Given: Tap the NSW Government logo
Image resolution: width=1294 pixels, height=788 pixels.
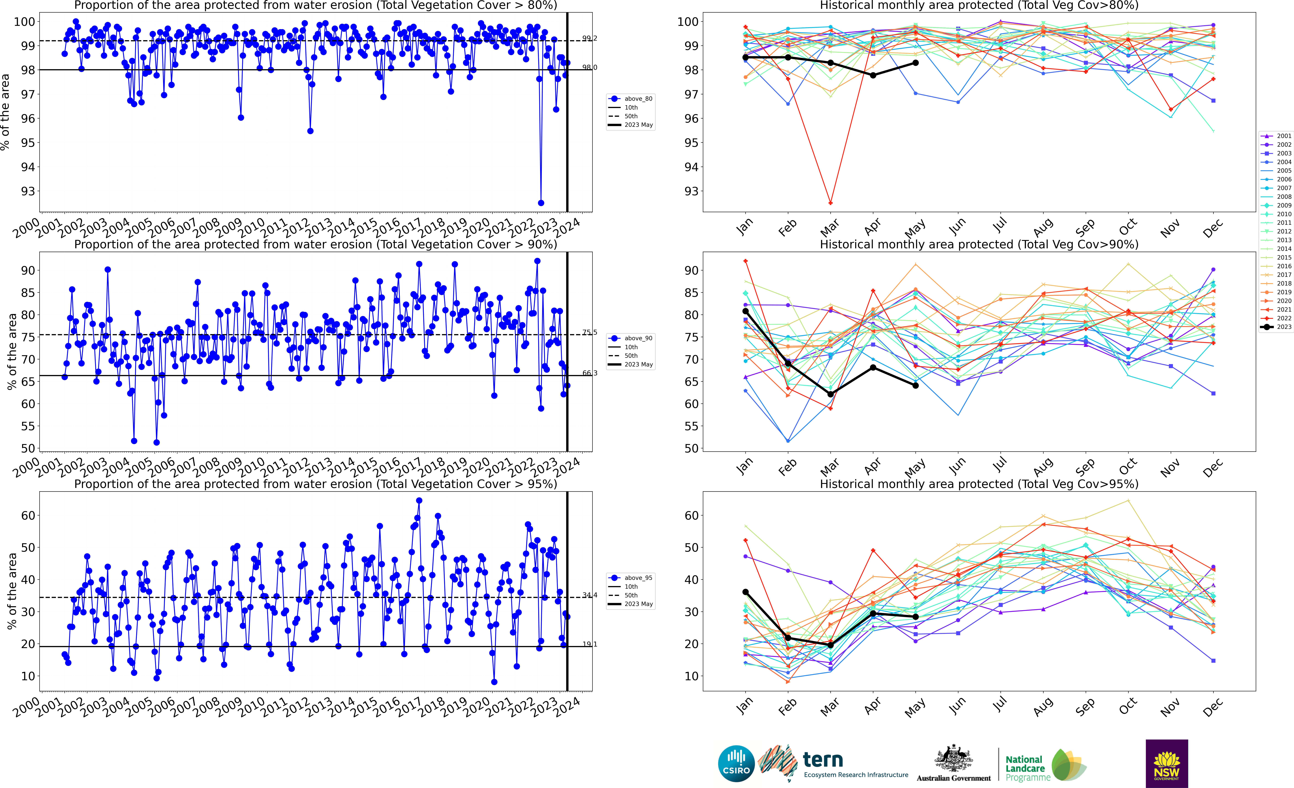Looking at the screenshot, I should pyautogui.click(x=1166, y=763).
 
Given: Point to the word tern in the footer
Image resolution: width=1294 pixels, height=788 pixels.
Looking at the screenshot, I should pyautogui.click(x=823, y=759).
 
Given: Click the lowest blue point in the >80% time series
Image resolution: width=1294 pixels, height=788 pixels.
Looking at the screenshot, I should pyautogui.click(x=541, y=203).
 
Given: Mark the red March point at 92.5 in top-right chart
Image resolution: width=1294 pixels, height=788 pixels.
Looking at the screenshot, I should pyautogui.click(x=830, y=203).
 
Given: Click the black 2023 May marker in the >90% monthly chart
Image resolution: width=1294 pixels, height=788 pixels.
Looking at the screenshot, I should pyautogui.click(x=915, y=386).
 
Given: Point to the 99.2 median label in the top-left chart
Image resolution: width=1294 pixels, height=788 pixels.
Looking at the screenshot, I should pyautogui.click(x=589, y=38).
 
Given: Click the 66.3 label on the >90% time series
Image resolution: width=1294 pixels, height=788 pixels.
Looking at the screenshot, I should pyautogui.click(x=589, y=373).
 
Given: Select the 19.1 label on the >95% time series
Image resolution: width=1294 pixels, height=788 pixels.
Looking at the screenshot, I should pyautogui.click(x=589, y=644).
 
